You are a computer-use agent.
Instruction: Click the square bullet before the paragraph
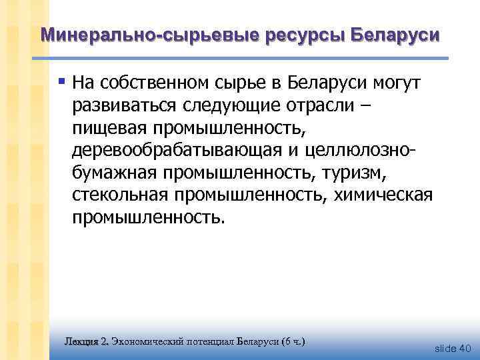[x=61, y=82]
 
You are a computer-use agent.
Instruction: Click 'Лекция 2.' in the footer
[x=86, y=341]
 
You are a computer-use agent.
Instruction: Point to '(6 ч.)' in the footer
[x=293, y=341]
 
